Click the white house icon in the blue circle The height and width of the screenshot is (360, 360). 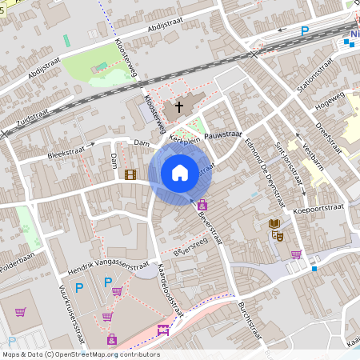coord(180,172)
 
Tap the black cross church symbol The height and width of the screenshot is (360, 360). coord(179,106)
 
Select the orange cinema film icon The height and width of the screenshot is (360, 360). coord(130,174)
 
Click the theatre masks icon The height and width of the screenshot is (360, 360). coord(279,235)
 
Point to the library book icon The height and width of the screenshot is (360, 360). coord(274,223)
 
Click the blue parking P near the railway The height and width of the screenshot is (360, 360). coord(305,31)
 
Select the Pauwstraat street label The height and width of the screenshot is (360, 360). coord(223,136)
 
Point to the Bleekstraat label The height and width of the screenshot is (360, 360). coord(66,150)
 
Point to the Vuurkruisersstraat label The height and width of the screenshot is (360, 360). coord(70,314)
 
